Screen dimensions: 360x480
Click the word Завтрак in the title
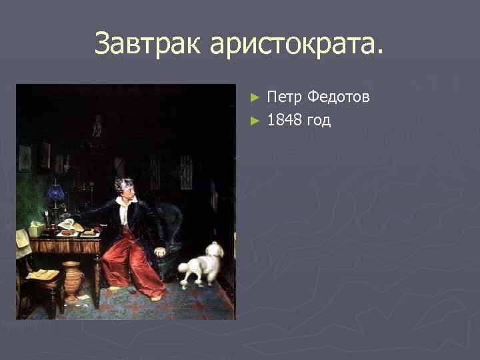(147, 44)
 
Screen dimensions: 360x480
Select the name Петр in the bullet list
(285, 97)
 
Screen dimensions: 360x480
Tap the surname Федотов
(338, 97)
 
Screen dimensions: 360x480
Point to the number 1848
(285, 120)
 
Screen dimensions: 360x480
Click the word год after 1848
(318, 121)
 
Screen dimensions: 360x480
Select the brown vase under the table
(73, 279)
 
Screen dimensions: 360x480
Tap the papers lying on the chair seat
(41, 274)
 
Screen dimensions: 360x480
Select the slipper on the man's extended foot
(157, 297)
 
